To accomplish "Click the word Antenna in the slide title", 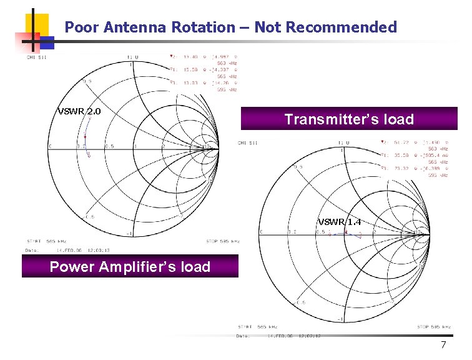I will pos(132,27).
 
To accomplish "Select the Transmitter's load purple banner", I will pos(349,119).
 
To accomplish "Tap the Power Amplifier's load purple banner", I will pos(130,267).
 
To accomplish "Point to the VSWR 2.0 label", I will pos(79,112).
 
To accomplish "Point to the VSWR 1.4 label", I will pos(340,222).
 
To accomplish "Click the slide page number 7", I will pos(443,346).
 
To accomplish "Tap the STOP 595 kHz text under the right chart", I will pos(433,326).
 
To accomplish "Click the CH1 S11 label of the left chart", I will pos(36,57).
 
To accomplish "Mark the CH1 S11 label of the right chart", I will pos(247,143).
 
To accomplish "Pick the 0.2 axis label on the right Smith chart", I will pos(292,232).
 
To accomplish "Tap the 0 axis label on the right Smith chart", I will pos(262,232).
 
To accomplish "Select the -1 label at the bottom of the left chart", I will pos(130,234).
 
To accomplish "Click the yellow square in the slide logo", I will pos(37,25).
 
